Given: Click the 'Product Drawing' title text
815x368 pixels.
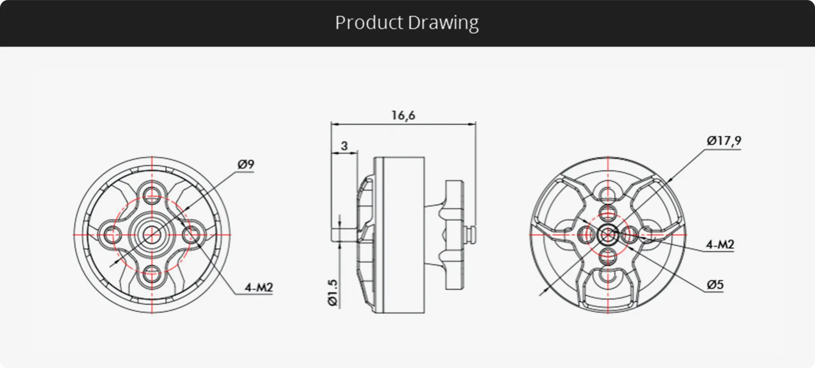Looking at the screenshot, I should [x=407, y=23].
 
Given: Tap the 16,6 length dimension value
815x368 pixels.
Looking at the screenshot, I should [x=403, y=115].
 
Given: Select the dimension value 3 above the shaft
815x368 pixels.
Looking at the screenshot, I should [x=344, y=145].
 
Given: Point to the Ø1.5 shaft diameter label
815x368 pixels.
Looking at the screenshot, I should [x=333, y=293].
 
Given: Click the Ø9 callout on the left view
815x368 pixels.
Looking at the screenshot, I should [x=246, y=164].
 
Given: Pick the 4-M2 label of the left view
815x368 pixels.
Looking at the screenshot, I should [x=258, y=287].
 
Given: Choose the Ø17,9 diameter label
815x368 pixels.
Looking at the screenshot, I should [x=724, y=141].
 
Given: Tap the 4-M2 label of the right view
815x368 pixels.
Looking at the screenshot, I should [x=720, y=244].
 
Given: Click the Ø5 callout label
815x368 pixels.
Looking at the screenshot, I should [x=715, y=284].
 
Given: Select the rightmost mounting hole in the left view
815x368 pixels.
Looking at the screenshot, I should [x=192, y=235].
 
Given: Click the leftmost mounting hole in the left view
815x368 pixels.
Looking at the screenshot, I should [x=111, y=235].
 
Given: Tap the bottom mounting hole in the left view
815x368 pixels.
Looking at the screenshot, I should [x=152, y=274].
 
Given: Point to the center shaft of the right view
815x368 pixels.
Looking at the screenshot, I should [x=608, y=235].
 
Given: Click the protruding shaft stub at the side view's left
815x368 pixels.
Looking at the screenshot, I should [x=344, y=235].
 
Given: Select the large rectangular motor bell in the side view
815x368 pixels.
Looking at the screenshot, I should [x=399, y=235].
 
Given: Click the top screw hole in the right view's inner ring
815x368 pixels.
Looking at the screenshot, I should [x=608, y=213].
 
